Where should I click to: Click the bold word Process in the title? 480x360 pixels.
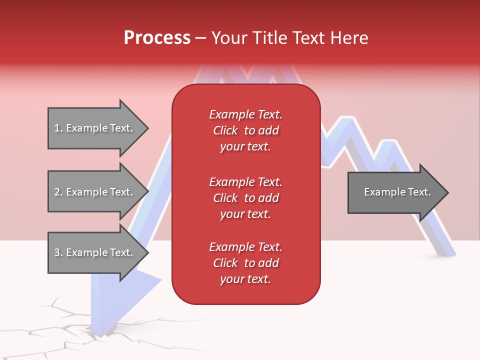pos(157,38)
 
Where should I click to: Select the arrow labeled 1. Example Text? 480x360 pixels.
pos(95,128)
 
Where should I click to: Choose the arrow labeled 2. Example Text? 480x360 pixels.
pos(95,192)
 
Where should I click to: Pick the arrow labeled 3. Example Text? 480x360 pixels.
pos(95,252)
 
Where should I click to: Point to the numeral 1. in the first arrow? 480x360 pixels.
pos(58,128)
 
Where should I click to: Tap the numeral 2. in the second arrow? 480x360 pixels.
pos(58,192)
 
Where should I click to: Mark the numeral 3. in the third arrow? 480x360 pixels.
pos(58,252)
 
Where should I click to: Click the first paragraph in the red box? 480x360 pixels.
pos(245,130)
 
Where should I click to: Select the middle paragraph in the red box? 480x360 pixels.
pos(245,198)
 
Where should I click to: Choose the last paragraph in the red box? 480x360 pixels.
pos(245,263)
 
